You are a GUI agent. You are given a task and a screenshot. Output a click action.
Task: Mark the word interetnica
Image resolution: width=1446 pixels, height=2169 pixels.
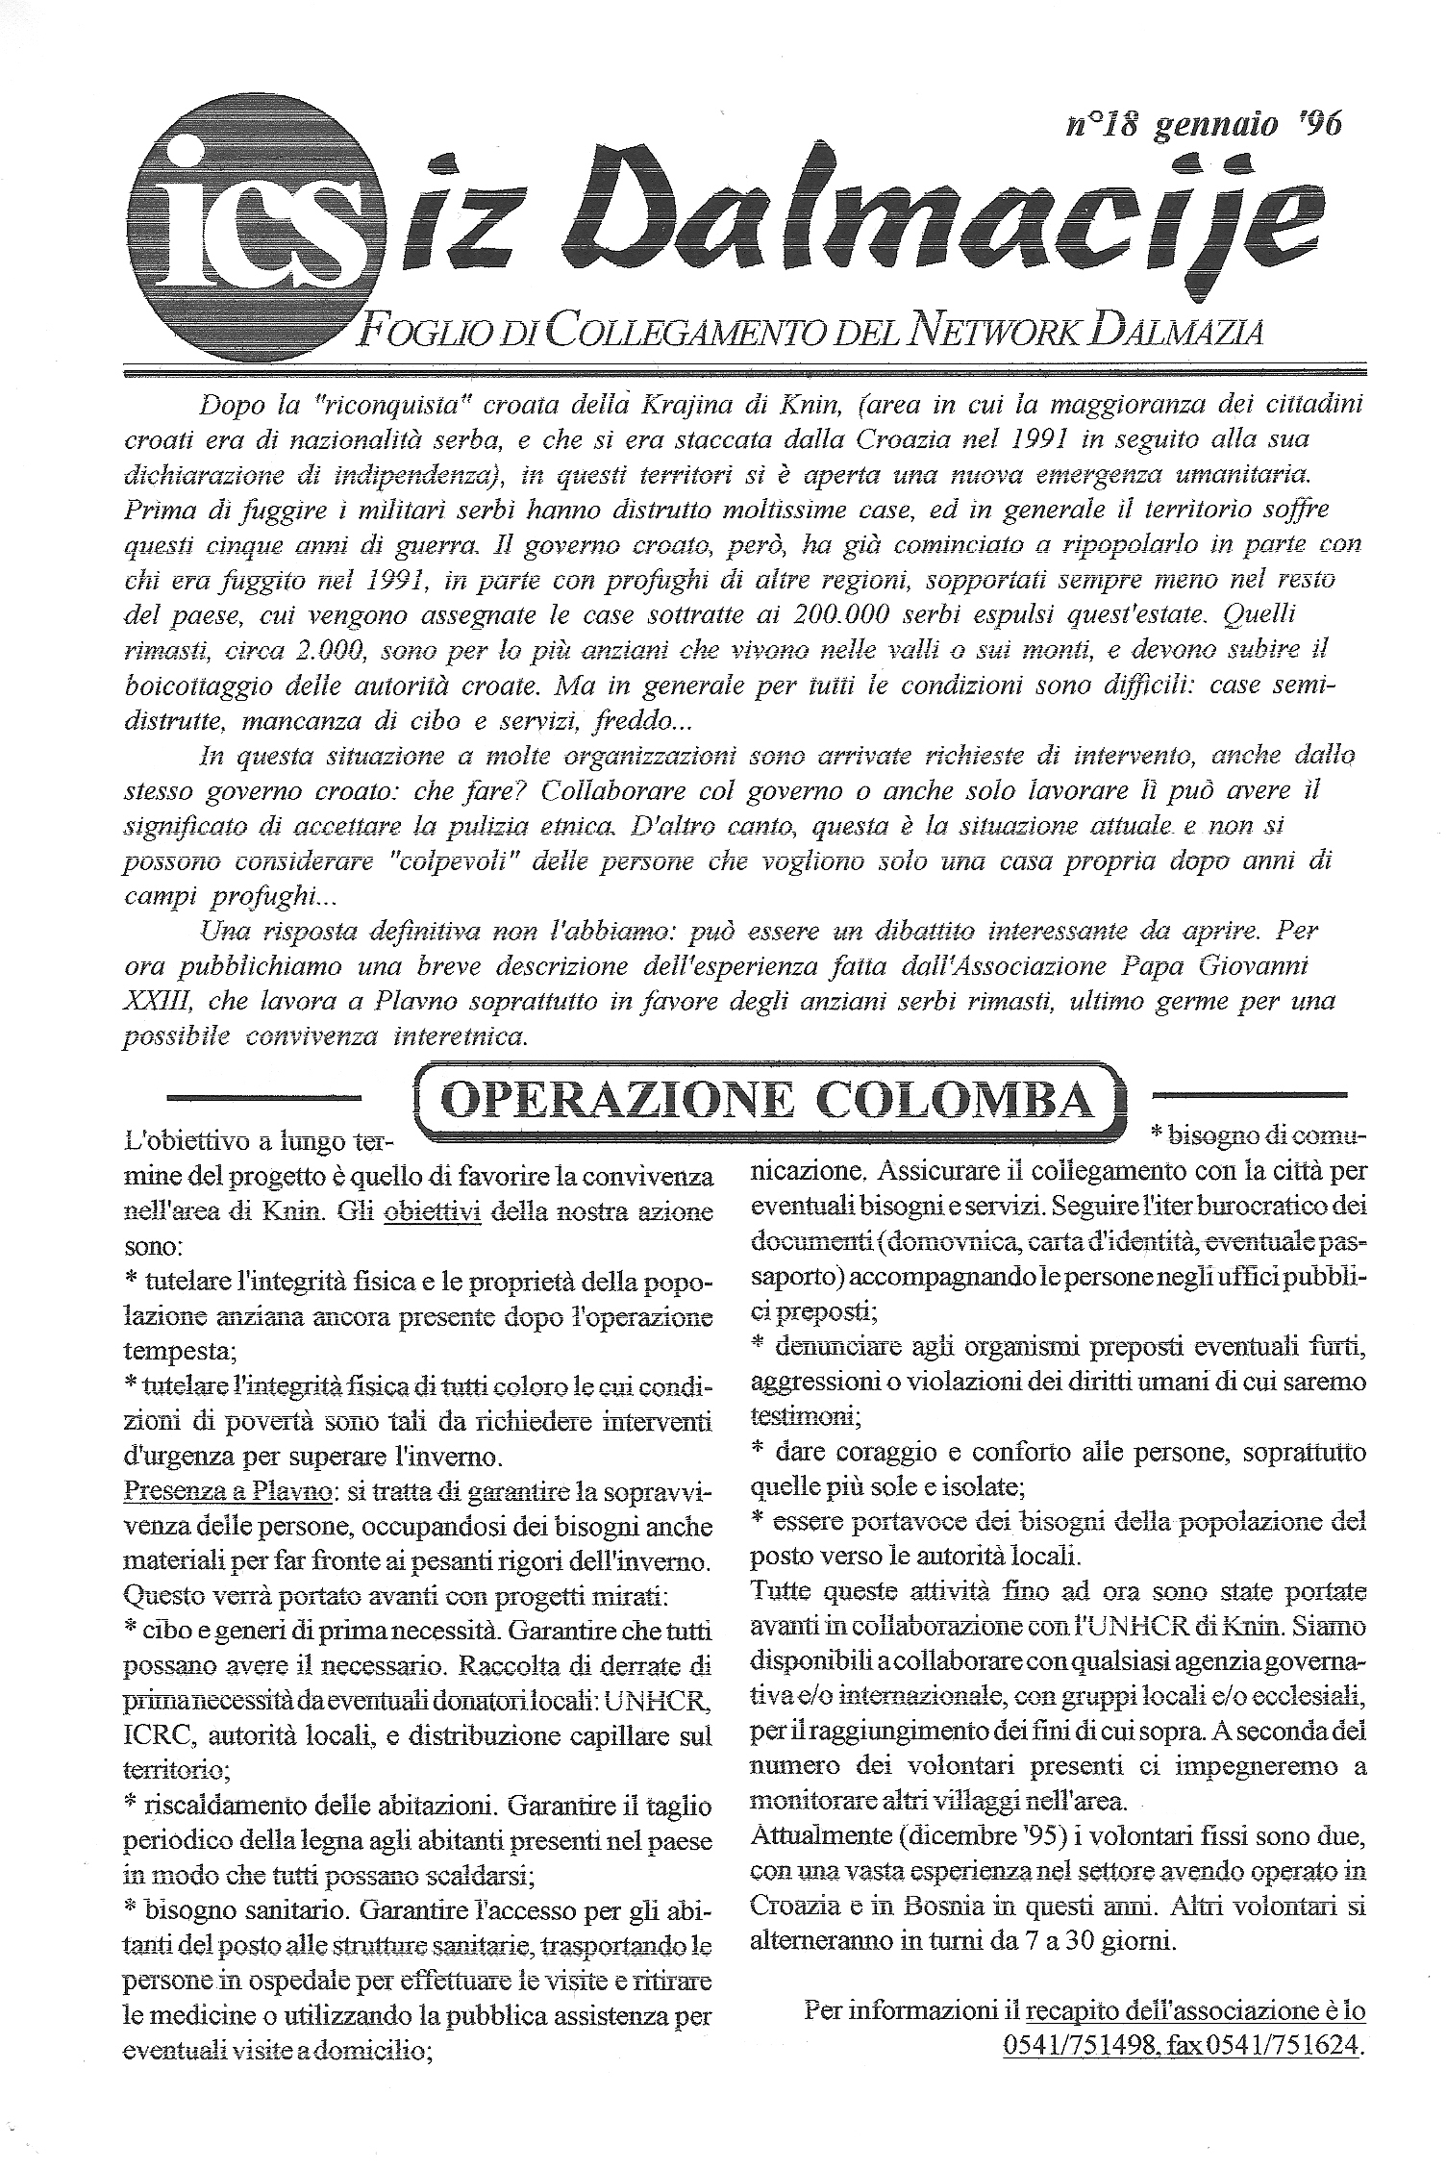point(460,1037)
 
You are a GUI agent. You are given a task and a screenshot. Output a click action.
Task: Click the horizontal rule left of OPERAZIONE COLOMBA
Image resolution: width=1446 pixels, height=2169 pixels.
point(263,1095)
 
